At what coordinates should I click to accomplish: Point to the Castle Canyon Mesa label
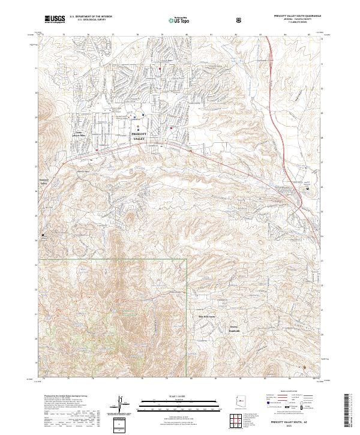coord(80,134)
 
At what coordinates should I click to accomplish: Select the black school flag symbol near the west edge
coord(43,235)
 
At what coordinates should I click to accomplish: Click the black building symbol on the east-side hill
coord(308,188)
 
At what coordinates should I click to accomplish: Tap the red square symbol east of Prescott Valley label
coord(172,128)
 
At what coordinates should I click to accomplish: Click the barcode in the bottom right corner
coord(348,409)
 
